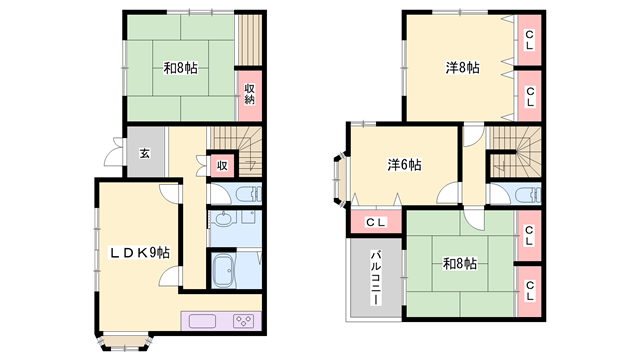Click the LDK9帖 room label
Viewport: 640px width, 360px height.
click(x=139, y=253)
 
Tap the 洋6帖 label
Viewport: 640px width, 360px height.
click(x=404, y=164)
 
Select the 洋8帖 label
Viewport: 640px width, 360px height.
click(x=462, y=67)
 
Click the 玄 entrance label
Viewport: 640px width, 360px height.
click(x=145, y=153)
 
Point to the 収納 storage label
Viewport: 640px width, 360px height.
click(x=249, y=94)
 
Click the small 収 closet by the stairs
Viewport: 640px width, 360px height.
click(x=222, y=166)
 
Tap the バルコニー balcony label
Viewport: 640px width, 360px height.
click(x=376, y=278)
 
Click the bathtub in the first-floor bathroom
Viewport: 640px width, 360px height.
click(x=224, y=270)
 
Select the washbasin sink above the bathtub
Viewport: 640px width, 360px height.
click(x=223, y=219)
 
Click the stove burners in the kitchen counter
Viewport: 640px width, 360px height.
click(x=242, y=321)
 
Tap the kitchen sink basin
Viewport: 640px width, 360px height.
click(x=202, y=321)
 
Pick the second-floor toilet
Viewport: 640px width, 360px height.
click(x=527, y=195)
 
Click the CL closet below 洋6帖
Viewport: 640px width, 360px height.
click(x=376, y=222)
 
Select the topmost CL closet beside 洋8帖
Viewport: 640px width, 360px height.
click(x=529, y=40)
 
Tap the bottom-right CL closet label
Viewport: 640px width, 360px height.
click(x=529, y=290)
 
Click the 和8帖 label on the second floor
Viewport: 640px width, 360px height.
click(x=460, y=264)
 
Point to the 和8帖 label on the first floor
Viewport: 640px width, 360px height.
click(x=180, y=68)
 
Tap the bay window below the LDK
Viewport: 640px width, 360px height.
click(x=124, y=342)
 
